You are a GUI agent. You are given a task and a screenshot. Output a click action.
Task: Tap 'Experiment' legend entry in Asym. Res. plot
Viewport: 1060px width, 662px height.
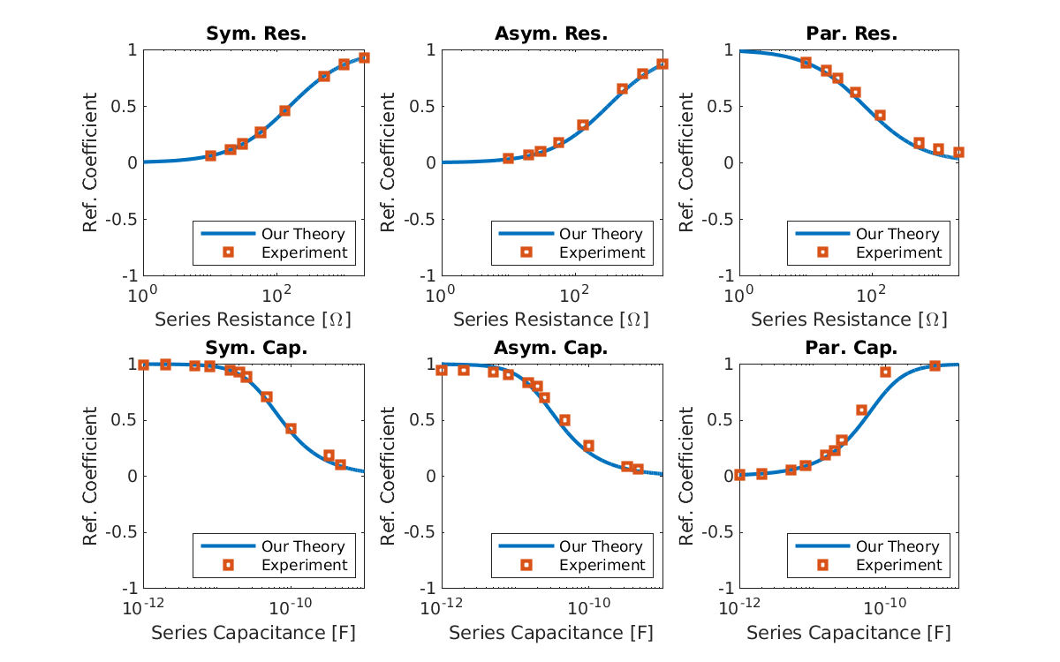(x=602, y=252)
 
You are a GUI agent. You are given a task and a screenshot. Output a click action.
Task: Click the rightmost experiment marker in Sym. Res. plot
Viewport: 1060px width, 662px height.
(x=364, y=58)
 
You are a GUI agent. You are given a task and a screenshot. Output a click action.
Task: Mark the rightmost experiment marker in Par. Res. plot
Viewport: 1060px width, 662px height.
(x=958, y=153)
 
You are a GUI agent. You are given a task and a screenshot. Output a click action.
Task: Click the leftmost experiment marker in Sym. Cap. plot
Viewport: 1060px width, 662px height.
(x=144, y=365)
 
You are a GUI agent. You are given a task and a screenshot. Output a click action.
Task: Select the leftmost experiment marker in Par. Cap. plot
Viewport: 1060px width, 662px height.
(x=740, y=475)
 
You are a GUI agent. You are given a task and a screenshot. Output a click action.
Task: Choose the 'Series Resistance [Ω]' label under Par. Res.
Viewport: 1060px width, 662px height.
(x=849, y=319)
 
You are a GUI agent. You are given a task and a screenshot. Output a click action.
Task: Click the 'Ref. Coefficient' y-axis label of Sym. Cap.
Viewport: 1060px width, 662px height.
(x=91, y=477)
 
